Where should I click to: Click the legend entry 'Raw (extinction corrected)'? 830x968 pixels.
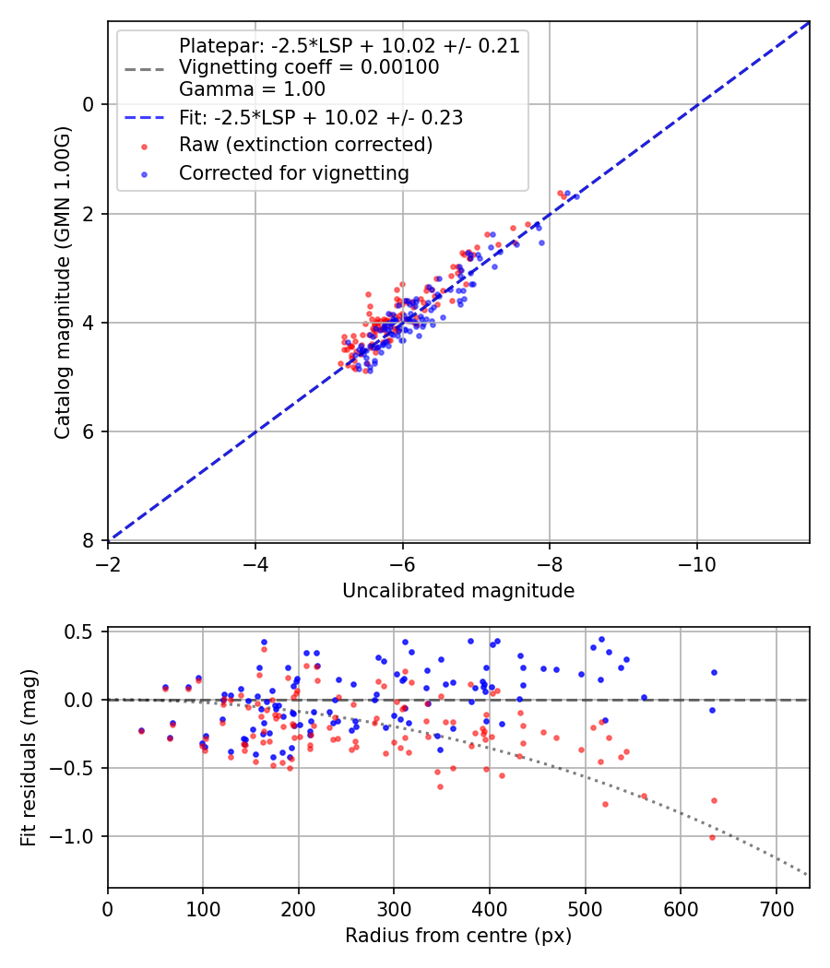(x=305, y=145)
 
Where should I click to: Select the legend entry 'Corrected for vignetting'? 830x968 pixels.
(x=293, y=172)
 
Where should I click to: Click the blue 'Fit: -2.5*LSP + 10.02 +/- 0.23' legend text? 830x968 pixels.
(x=320, y=118)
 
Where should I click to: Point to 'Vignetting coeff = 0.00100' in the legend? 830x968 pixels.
(x=309, y=67)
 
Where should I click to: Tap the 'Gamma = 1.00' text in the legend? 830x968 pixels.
(x=252, y=89)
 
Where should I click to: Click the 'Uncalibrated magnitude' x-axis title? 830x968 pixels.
(x=458, y=591)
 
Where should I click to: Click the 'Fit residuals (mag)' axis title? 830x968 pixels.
(x=29, y=758)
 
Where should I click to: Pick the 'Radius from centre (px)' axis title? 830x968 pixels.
(x=458, y=936)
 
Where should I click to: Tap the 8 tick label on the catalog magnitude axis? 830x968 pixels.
(x=89, y=540)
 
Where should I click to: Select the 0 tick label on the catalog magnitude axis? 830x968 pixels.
(x=89, y=104)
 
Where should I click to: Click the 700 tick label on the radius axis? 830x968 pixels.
(x=776, y=908)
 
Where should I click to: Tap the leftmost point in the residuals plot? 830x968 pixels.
(x=141, y=730)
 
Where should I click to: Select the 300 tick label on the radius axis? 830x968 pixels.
(x=394, y=908)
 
